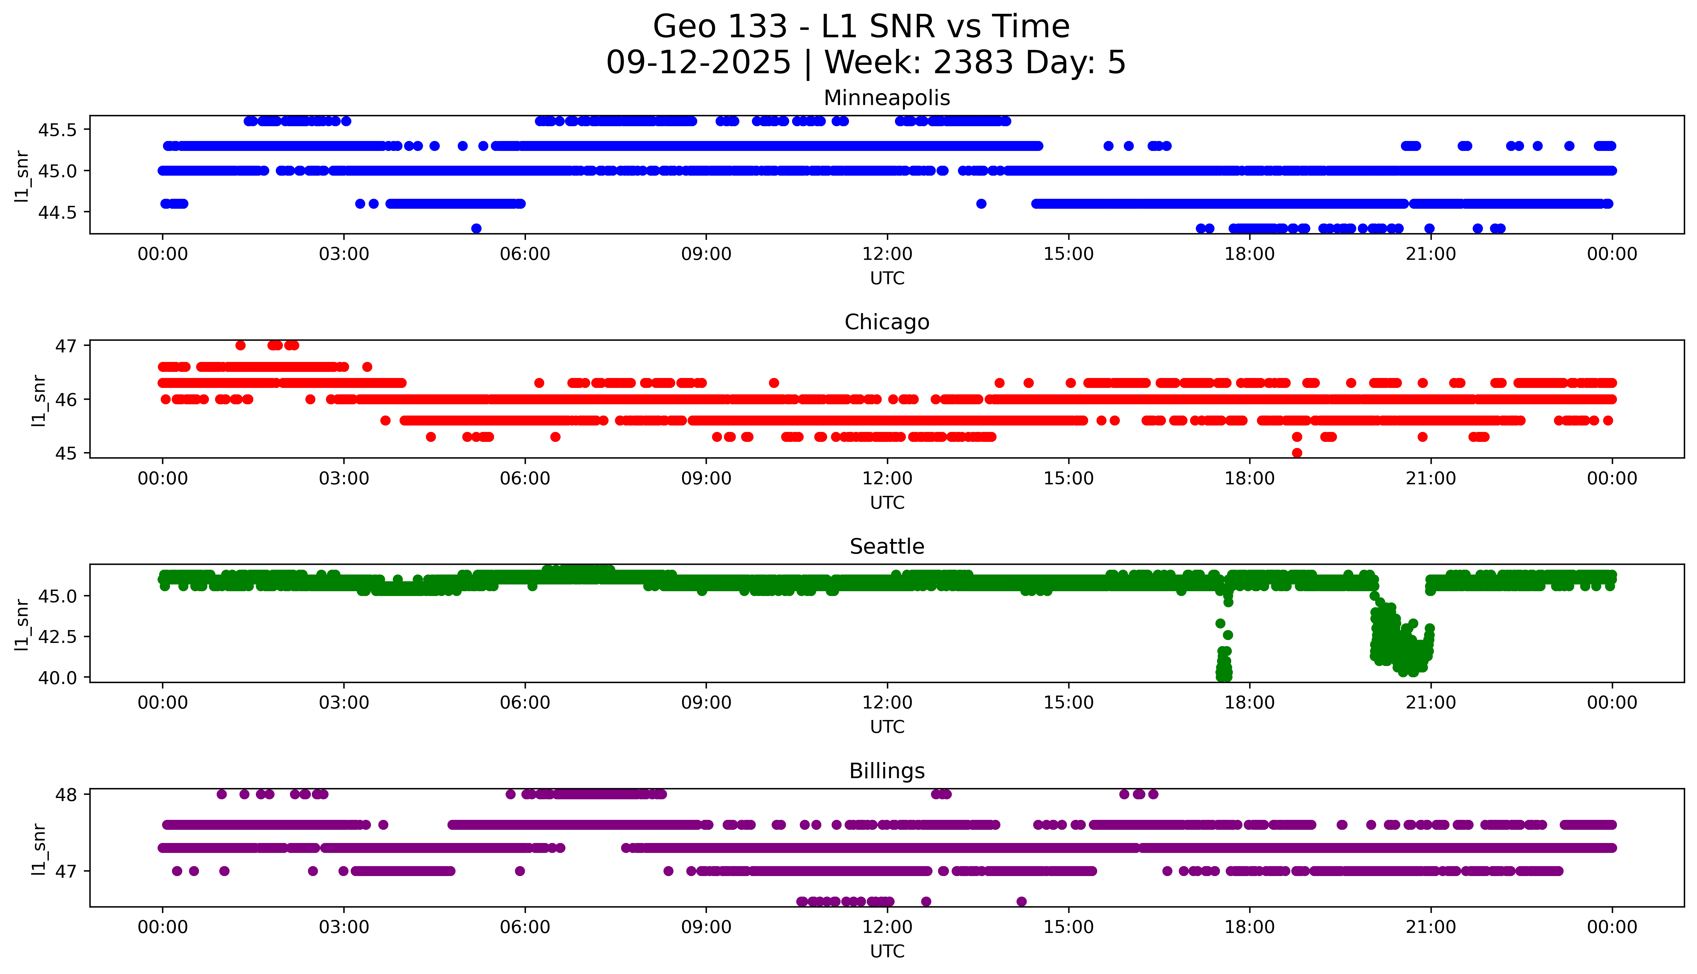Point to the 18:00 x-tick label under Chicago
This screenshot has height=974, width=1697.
pos(1249,478)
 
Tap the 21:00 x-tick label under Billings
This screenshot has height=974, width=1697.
pos(1431,927)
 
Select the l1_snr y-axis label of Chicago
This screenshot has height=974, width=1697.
pos(39,400)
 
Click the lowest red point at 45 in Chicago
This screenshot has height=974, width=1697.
pos(1297,453)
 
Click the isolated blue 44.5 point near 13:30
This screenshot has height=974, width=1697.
pos(981,203)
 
